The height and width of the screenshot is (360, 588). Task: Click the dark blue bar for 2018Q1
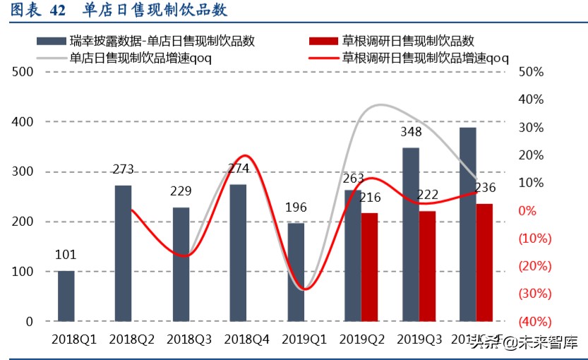tap(66, 296)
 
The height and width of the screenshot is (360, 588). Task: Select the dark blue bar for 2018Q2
tap(123, 253)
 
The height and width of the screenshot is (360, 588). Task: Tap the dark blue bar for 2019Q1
tap(296, 272)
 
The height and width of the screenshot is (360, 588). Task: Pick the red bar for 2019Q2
tap(369, 267)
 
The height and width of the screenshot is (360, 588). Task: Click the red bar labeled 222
tap(427, 265)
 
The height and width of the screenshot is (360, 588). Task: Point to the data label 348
tap(410, 132)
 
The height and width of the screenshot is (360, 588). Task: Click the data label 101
tap(65, 255)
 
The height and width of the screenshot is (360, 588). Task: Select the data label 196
tap(295, 208)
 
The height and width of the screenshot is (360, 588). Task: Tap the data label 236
tap(485, 188)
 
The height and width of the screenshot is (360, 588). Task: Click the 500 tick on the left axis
tap(23, 72)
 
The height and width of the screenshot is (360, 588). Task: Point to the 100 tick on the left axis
tap(23, 272)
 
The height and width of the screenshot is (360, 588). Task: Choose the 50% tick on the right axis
tap(530, 72)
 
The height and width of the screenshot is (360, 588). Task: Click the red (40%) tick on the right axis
tap(534, 322)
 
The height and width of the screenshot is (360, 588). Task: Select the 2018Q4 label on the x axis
tap(246, 340)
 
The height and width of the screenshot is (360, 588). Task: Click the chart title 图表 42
tap(39, 11)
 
